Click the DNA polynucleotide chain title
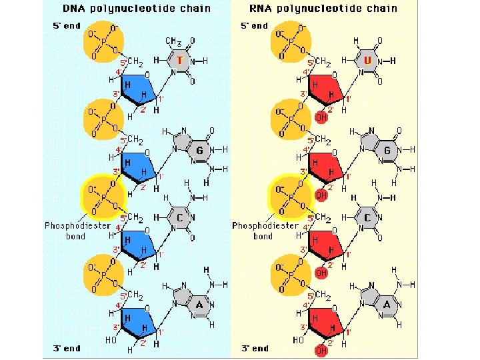[x=136, y=9]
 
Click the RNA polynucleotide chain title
[x=324, y=9]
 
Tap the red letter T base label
[x=180, y=61]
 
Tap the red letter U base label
[x=367, y=61]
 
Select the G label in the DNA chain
[x=199, y=151]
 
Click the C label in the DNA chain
[x=180, y=218]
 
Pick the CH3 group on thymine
[x=175, y=43]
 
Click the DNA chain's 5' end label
[x=67, y=25]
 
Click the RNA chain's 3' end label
[x=255, y=348]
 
